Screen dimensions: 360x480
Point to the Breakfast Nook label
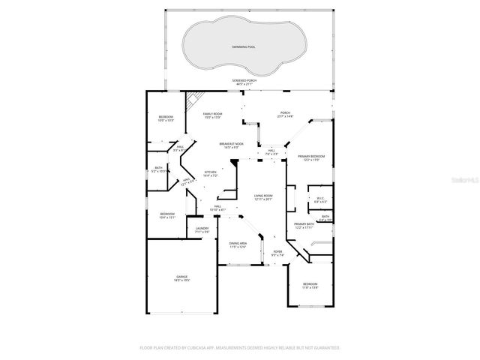[229, 144]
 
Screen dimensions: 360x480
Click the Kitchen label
[211, 173]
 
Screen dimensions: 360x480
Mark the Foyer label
[277, 253]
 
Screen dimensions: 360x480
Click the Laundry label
[202, 229]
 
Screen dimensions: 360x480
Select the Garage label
[182, 278]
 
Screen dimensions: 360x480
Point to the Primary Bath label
[304, 225]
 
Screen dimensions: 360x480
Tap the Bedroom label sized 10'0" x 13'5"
[166, 118]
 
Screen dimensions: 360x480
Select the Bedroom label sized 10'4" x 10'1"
[167, 215]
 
